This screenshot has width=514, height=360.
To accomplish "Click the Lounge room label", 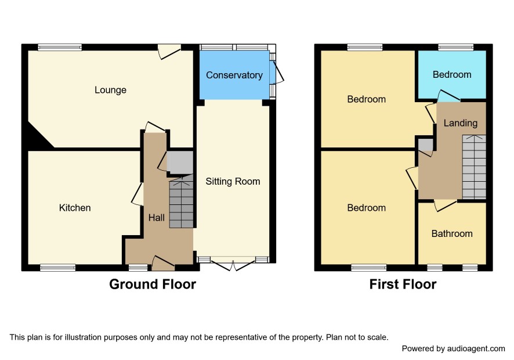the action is [110, 90].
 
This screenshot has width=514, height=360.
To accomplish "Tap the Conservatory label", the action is [234, 75].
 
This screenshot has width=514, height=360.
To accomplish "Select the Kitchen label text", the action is [75, 208].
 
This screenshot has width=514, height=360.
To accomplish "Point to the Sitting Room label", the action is [233, 182].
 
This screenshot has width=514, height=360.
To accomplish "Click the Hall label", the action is [157, 218].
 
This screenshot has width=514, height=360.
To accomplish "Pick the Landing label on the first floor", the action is [460, 124].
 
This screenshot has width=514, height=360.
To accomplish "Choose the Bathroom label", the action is [452, 233].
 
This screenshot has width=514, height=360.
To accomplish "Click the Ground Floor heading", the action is [153, 284].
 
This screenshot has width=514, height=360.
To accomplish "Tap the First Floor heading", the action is [403, 284].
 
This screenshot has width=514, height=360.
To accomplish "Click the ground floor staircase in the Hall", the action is [181, 201].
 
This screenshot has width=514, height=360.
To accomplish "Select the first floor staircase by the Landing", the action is [474, 167].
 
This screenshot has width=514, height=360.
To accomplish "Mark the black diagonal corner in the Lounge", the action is [39, 137].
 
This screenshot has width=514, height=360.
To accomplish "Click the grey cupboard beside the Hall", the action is [180, 163].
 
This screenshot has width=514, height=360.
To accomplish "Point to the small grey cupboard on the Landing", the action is [426, 145].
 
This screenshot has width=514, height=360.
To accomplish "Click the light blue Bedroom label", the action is [452, 75].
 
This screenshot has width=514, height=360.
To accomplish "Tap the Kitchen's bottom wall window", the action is [57, 268].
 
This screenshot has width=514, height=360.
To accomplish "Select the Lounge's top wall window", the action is [60, 47].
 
